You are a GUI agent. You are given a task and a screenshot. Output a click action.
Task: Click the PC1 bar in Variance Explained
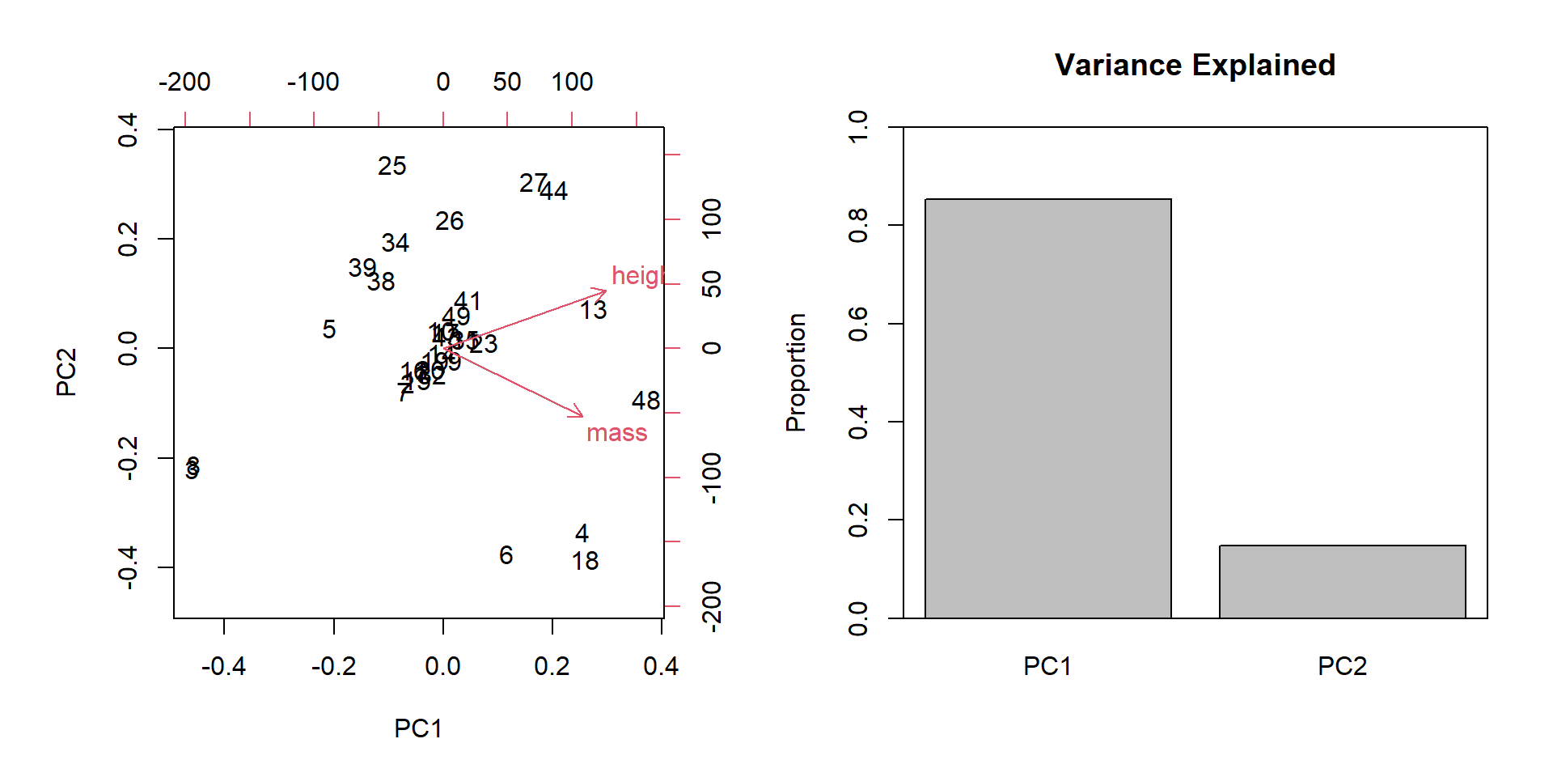(1047, 409)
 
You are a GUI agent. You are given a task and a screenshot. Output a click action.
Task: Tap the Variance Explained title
(1195, 66)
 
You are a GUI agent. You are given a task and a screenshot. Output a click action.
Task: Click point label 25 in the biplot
(392, 167)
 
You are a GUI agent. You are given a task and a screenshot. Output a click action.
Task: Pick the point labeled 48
(645, 401)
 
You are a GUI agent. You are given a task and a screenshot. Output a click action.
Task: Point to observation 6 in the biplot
(506, 555)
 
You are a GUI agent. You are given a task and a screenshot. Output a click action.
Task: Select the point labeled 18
(585, 562)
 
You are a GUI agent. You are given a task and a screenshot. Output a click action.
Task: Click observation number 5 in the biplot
(329, 330)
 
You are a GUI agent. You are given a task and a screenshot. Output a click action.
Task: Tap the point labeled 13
(593, 311)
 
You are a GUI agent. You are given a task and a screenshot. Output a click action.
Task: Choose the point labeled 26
(449, 222)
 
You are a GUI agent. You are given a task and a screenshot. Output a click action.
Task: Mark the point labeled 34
(396, 243)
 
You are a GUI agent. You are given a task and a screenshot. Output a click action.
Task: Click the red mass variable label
(616, 434)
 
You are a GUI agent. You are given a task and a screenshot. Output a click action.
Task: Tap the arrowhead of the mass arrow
(582, 415)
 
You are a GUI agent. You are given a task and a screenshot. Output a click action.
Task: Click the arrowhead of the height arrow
(605, 291)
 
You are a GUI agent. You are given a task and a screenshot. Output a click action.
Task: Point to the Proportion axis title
(796, 372)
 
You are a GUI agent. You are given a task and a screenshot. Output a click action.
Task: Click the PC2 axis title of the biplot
(66, 372)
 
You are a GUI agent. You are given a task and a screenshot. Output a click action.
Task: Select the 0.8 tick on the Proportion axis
(857, 225)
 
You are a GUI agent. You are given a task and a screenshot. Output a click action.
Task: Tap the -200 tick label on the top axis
(184, 83)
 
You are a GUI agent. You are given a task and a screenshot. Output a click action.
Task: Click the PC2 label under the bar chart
(1342, 666)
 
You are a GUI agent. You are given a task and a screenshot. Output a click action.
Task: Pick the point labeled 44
(554, 192)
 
